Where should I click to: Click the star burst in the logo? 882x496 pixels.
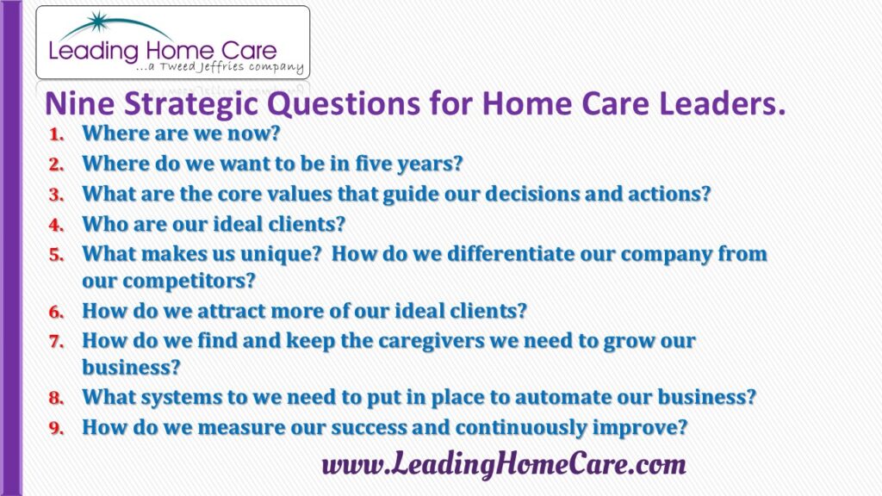pos(99,22)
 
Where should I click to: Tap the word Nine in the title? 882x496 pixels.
pos(78,103)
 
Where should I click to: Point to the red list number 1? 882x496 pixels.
pos(56,134)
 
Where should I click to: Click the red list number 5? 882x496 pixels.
pos(56,255)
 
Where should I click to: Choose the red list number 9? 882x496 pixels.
pos(56,428)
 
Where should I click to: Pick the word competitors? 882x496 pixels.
pos(189,281)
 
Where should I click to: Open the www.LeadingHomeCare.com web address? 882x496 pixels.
pos(504,465)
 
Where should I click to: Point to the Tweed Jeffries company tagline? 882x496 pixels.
pos(220,67)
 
